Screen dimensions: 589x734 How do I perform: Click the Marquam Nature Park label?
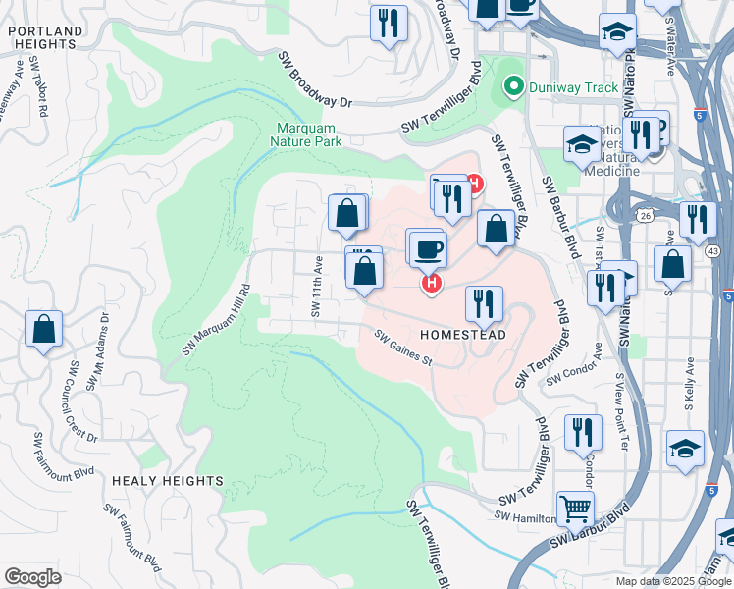(x=307, y=134)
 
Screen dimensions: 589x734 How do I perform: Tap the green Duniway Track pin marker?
(x=510, y=87)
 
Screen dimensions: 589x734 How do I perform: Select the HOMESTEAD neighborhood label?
(x=463, y=335)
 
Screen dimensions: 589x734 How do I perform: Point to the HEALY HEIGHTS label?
(x=167, y=481)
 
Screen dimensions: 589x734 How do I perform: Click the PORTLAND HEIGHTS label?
(x=44, y=37)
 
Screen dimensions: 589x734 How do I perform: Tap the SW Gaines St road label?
(x=403, y=348)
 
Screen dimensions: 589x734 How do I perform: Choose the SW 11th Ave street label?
(x=317, y=287)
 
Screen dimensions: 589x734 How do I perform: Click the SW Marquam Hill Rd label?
(x=217, y=320)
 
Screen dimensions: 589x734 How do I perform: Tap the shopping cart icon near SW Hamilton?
(x=575, y=509)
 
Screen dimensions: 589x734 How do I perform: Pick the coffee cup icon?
(x=429, y=249)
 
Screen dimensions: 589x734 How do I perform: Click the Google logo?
(x=32, y=577)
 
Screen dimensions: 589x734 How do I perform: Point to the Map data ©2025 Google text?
(x=672, y=581)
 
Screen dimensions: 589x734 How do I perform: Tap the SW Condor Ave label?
(x=572, y=375)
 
